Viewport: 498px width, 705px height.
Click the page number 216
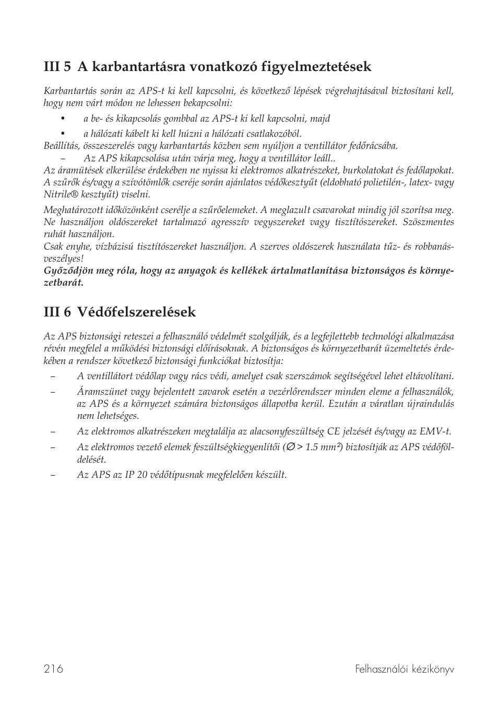(54, 669)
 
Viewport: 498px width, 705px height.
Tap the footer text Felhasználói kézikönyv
(405, 669)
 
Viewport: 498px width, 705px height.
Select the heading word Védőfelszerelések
(136, 312)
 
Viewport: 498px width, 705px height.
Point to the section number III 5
(58, 67)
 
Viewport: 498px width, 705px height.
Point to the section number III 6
(58, 312)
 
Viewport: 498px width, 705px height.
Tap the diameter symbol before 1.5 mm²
(291, 447)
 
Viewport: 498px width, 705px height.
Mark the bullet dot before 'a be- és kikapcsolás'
(63, 119)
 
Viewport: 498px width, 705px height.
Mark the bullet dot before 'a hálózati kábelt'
(63, 134)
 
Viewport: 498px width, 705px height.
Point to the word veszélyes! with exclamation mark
(64, 258)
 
